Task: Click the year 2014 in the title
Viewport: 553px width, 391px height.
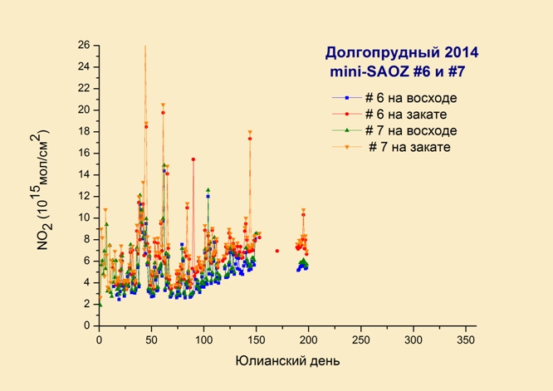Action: click(462, 52)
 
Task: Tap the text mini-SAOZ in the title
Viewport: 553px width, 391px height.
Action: click(369, 72)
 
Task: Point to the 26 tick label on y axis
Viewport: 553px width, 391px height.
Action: click(84, 45)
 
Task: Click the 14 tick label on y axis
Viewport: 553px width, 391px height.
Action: click(84, 175)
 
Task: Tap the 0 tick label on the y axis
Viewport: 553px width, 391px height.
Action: click(87, 325)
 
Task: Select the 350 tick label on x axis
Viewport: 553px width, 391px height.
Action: click(466, 340)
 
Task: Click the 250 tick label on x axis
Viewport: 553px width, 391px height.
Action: click(361, 340)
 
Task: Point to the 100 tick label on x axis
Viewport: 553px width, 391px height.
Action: click(204, 340)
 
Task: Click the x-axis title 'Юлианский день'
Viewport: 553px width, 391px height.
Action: click(288, 361)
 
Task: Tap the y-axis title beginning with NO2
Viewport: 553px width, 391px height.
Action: click(44, 190)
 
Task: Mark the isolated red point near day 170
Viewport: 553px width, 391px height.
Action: click(277, 251)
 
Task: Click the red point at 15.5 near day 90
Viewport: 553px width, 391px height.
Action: click(193, 159)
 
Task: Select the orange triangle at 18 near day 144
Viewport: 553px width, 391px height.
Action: click(250, 132)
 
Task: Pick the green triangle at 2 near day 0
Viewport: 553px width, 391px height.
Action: click(100, 305)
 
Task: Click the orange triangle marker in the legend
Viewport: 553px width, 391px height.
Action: click(347, 148)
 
